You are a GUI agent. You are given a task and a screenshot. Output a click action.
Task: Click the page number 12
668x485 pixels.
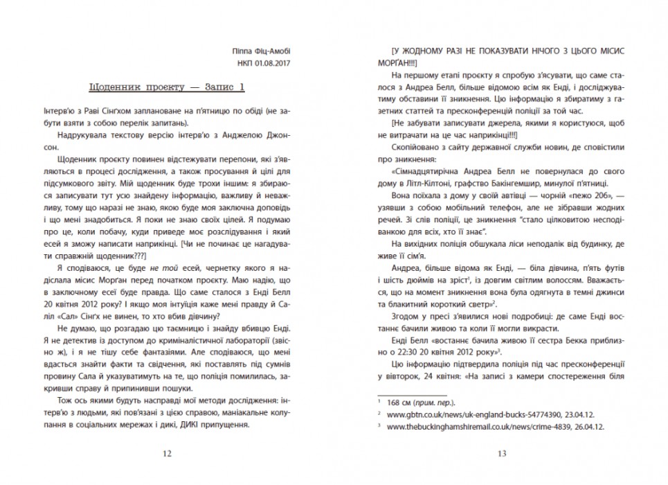click(165, 454)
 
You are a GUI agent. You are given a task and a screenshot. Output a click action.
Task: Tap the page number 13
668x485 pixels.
click(502, 454)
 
